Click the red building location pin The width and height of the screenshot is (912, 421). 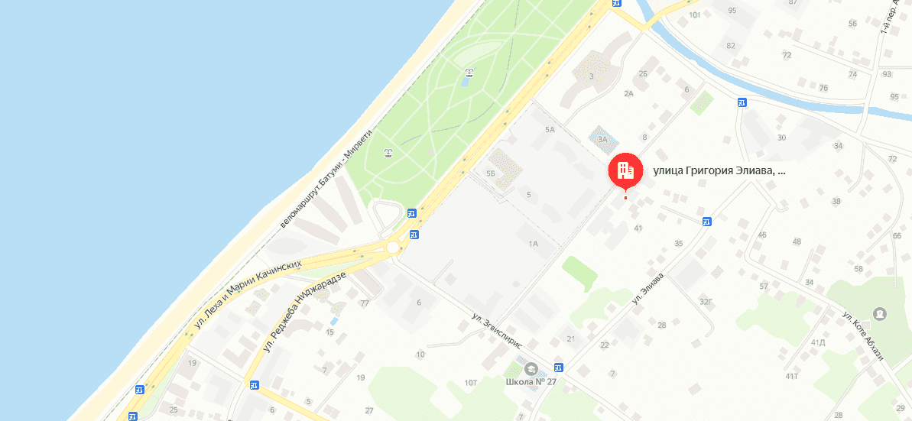click(x=625, y=171)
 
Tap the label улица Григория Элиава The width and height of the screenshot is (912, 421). click(x=719, y=171)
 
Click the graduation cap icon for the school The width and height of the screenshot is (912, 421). click(x=531, y=369)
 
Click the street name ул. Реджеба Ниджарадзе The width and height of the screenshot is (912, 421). click(x=306, y=312)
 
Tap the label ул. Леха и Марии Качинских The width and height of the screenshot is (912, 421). click(x=248, y=295)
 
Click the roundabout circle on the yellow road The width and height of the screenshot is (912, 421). click(x=393, y=248)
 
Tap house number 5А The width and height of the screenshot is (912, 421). click(x=549, y=130)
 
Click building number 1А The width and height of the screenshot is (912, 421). click(x=534, y=244)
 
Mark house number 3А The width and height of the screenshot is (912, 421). click(x=602, y=139)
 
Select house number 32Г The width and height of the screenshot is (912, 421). click(x=706, y=301)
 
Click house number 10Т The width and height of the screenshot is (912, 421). click(x=470, y=382)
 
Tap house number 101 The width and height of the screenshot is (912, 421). click(x=695, y=15)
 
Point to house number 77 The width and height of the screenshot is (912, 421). click(x=365, y=303)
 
